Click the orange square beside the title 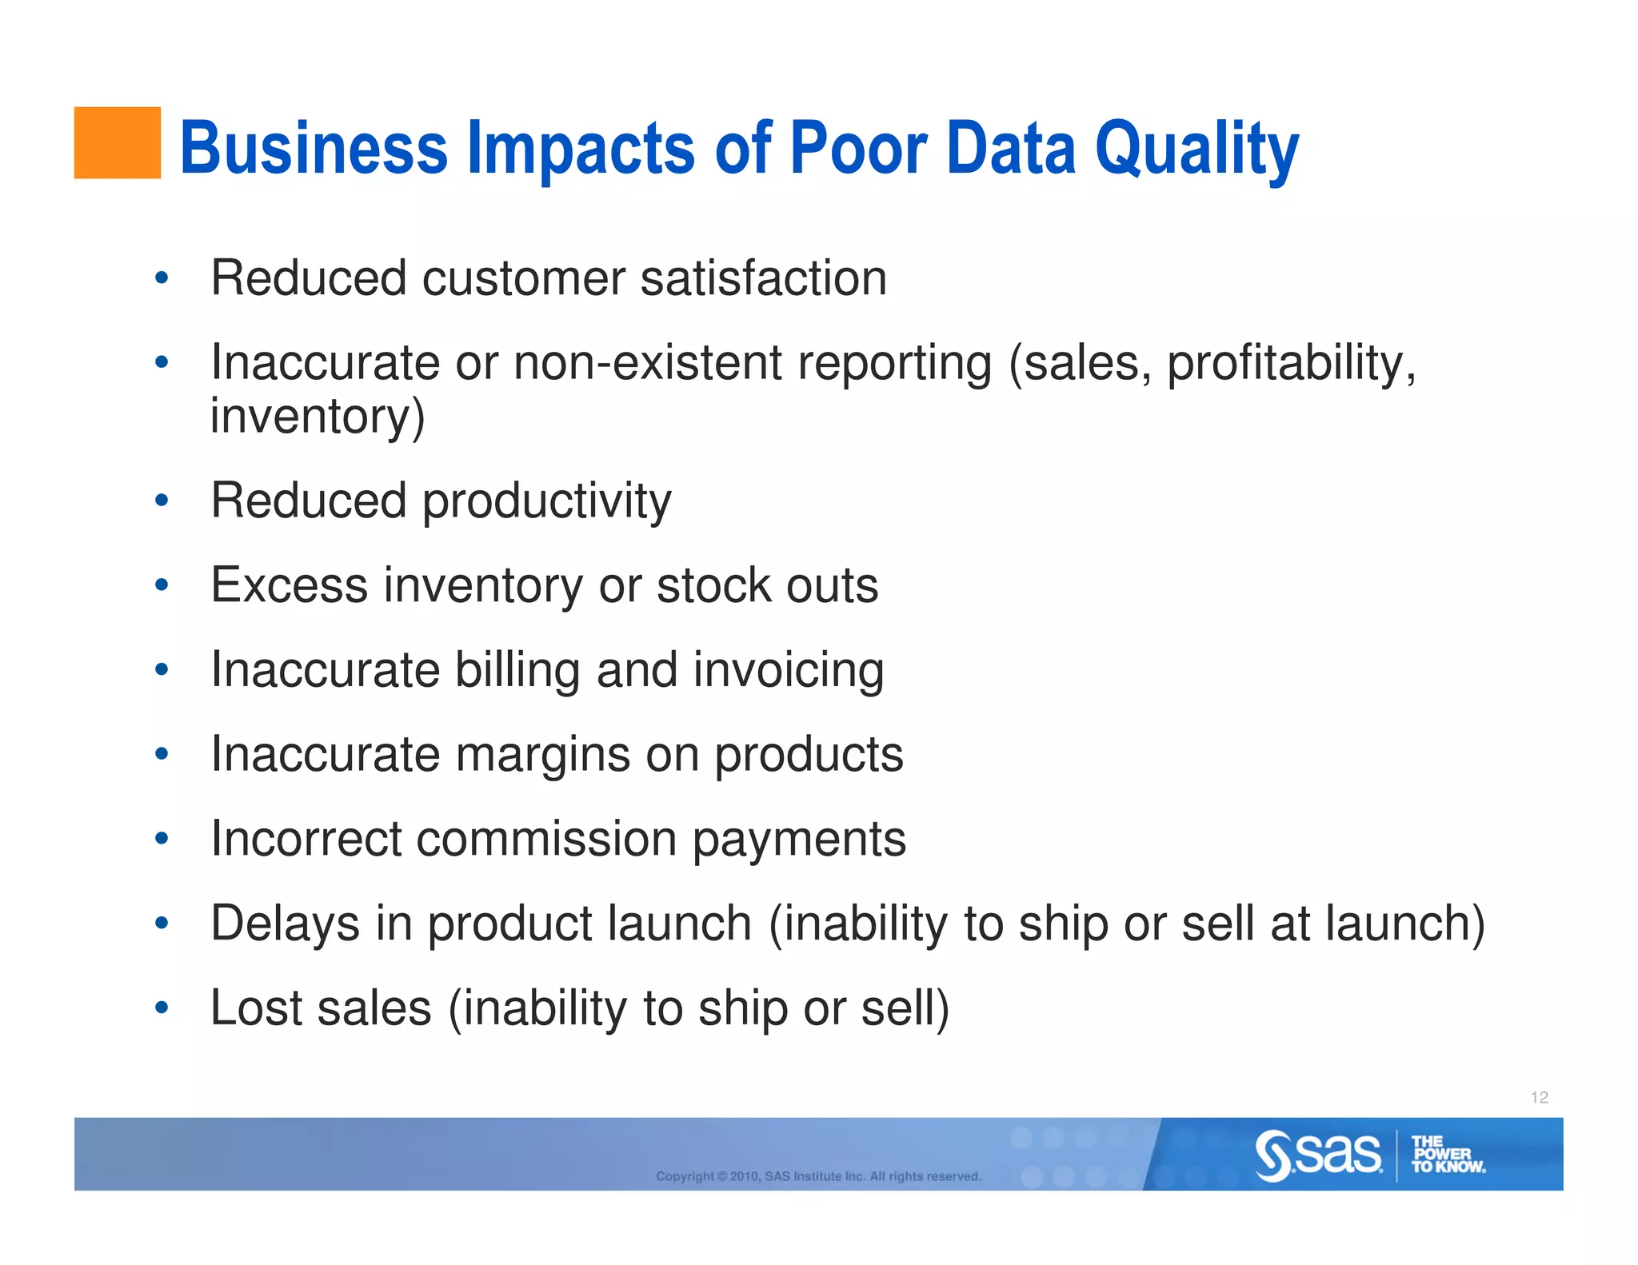pyautogui.click(x=117, y=142)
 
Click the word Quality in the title pyautogui.click(x=1197, y=150)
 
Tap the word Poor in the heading pyautogui.click(x=858, y=148)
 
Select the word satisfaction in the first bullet pyautogui.click(x=763, y=278)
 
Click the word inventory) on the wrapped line pyautogui.click(x=318, y=417)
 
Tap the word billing pyautogui.click(x=517, y=669)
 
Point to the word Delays pyautogui.click(x=285, y=924)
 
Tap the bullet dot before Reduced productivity pyautogui.click(x=162, y=501)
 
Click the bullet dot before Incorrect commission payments pyautogui.click(x=162, y=839)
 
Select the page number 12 pyautogui.click(x=1539, y=1097)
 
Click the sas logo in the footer pyautogui.click(x=1318, y=1155)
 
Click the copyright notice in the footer pyautogui.click(x=818, y=1176)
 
